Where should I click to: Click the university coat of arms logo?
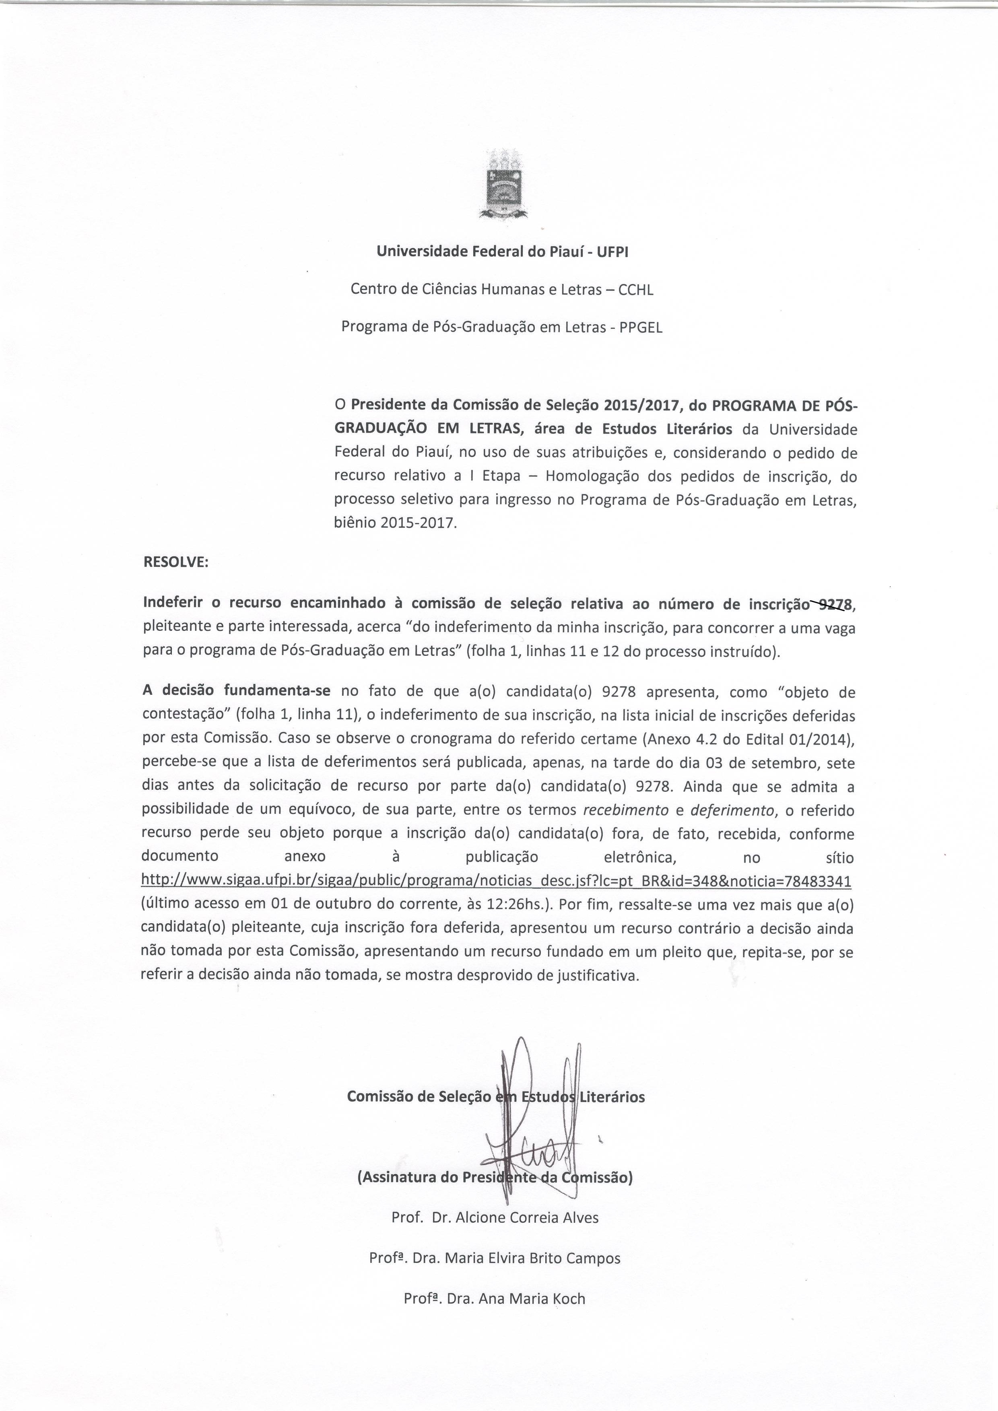coord(503,184)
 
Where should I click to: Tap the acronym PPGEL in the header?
coord(641,328)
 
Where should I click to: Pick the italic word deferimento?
coord(732,811)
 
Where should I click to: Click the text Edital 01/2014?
coord(805,741)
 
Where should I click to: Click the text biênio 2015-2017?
coord(395,524)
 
